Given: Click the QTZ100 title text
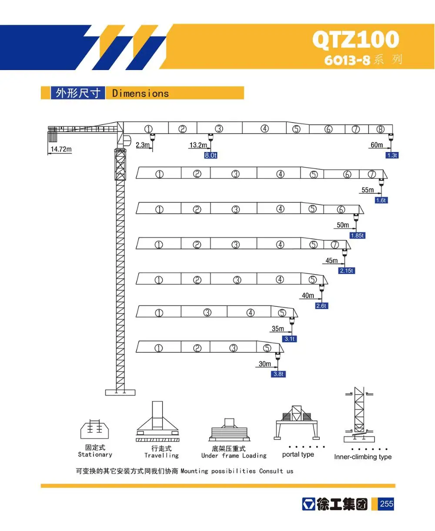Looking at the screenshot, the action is (x=355, y=40).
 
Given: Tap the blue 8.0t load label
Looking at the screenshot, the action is (x=211, y=155).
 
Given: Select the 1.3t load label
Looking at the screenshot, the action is (x=392, y=155).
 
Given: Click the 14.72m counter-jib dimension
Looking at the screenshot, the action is (x=61, y=149).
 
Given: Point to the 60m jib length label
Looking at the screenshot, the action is (x=377, y=145).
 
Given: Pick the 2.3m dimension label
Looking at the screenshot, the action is (x=143, y=145).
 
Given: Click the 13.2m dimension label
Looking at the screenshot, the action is (x=198, y=145).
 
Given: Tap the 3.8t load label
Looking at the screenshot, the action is (x=278, y=374).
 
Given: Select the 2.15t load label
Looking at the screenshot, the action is (x=347, y=270).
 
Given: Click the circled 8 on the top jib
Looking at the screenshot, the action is (x=381, y=129).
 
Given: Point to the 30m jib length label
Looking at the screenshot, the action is (x=264, y=364).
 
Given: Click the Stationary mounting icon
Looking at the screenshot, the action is (x=94, y=429).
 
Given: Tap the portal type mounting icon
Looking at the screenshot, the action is (x=298, y=421).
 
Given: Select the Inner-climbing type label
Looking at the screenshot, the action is (x=363, y=457).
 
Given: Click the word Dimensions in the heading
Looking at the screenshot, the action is (x=140, y=93).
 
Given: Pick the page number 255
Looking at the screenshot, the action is (x=386, y=504).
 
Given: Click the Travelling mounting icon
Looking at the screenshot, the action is (x=157, y=421).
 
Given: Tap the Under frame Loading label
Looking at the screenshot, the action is (x=234, y=455).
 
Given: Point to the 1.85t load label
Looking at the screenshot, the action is (x=357, y=236).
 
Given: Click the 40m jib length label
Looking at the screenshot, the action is (x=308, y=295).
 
